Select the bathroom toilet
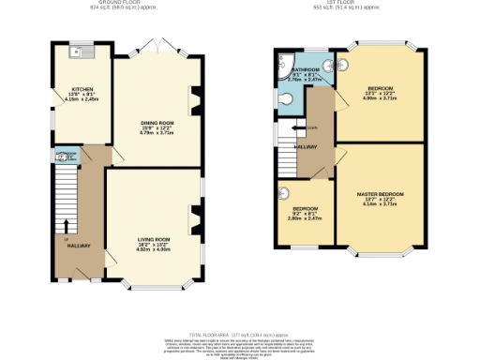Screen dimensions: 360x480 pyautogui.click(x=284, y=97)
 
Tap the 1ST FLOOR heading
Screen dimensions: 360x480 pyautogui.click(x=341, y=5)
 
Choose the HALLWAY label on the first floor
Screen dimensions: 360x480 pyautogui.click(x=306, y=147)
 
